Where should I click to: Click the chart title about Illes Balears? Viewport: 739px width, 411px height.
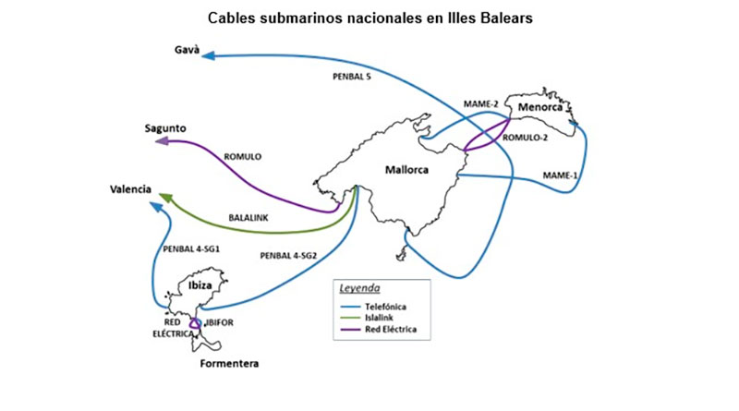click(x=369, y=18)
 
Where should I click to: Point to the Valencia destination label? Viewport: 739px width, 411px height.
click(x=130, y=189)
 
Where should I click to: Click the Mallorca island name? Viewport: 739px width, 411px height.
click(x=407, y=169)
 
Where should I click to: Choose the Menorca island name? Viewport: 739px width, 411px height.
click(x=538, y=108)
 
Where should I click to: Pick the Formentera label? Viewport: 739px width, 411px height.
click(x=229, y=363)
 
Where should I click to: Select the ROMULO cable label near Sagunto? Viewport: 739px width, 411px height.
click(x=243, y=157)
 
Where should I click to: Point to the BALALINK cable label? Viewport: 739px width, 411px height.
click(x=248, y=219)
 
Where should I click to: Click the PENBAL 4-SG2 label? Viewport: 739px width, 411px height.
click(x=287, y=255)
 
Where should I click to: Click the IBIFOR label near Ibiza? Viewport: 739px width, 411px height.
click(x=223, y=324)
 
